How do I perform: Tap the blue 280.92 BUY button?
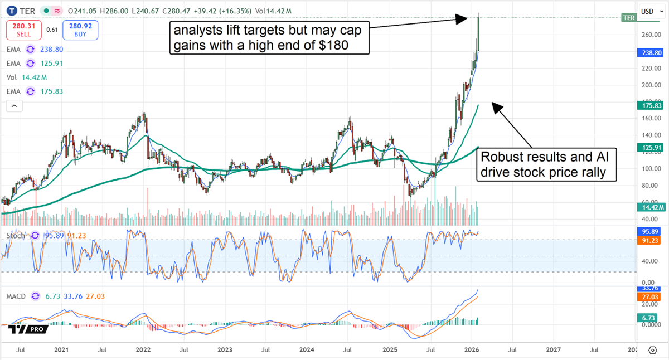(80, 30)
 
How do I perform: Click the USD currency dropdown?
(649, 11)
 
